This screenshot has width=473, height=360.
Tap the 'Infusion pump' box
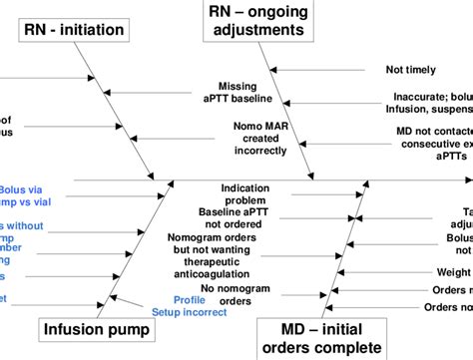(x=90, y=330)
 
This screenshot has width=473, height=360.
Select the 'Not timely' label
(x=410, y=70)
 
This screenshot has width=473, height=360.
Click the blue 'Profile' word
(x=190, y=299)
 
